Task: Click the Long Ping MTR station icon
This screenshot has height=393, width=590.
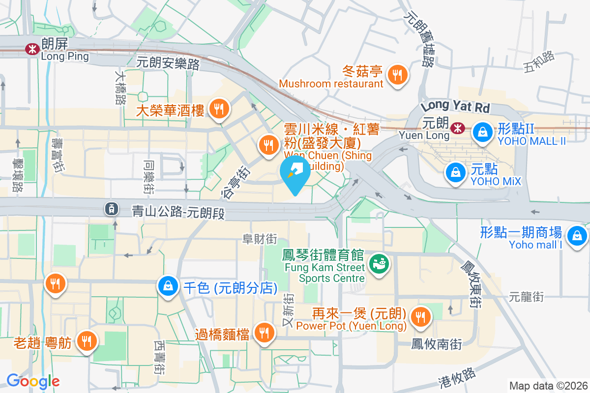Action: (32, 48)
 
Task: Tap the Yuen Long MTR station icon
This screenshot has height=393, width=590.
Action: (457, 128)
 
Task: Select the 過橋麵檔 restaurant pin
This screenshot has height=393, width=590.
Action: (265, 333)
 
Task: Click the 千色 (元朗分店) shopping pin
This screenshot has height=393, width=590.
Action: (168, 286)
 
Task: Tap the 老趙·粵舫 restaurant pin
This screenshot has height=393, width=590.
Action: (88, 340)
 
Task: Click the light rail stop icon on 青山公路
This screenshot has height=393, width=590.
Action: (112, 209)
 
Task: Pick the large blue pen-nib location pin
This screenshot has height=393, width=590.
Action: (295, 173)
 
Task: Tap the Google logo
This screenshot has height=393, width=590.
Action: (33, 381)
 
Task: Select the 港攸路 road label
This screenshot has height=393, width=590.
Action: (457, 379)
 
